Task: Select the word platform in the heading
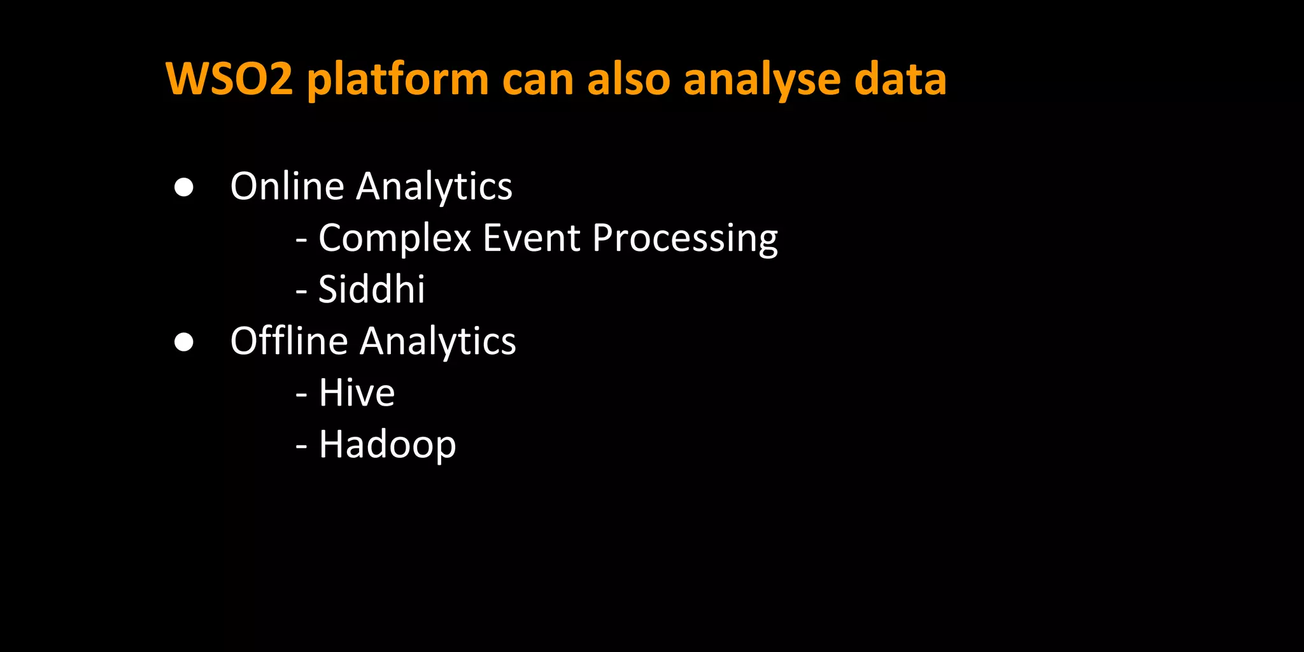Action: click(398, 80)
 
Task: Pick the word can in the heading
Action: click(538, 80)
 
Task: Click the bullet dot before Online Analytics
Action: click(184, 187)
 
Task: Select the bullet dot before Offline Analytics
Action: click(184, 342)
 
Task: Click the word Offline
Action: click(289, 341)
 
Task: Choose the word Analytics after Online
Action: click(434, 187)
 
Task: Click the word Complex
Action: click(395, 239)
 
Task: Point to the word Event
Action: click(532, 237)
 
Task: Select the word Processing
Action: click(685, 239)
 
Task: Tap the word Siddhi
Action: click(372, 289)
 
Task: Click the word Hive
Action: click(357, 392)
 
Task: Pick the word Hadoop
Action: click(387, 444)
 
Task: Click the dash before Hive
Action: click(302, 395)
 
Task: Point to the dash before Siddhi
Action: click(302, 292)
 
